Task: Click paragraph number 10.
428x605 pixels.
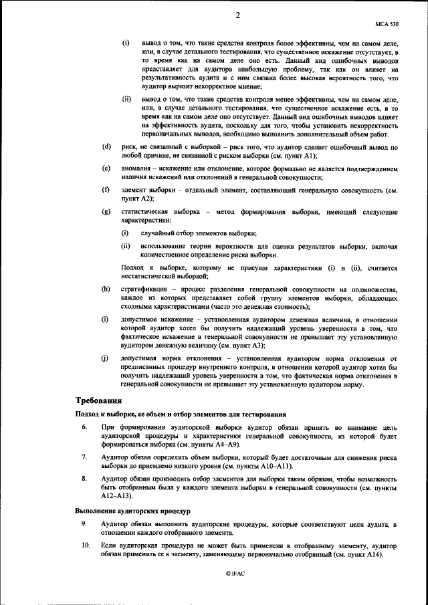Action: [86, 546]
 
